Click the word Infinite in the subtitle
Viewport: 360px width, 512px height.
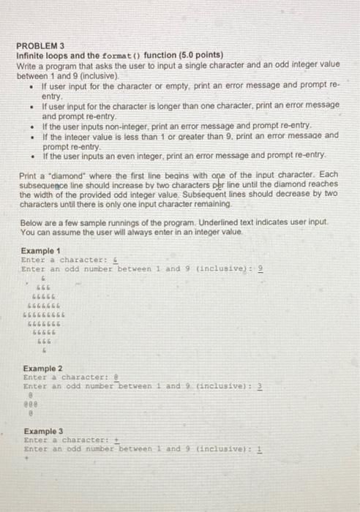coord(32,55)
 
